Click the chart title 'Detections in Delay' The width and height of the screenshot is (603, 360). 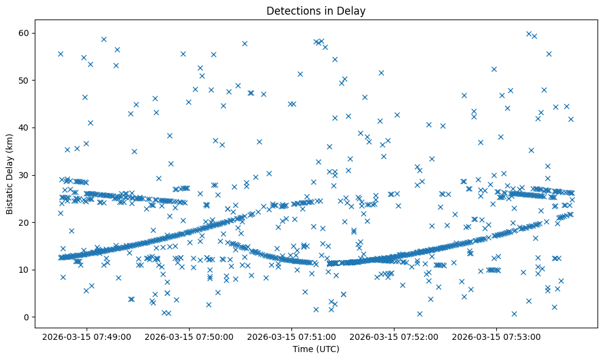316,10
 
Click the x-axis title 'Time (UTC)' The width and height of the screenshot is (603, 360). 316,350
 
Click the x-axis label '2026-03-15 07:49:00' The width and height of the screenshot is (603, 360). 85,336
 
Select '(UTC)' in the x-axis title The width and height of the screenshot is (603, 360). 328,350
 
